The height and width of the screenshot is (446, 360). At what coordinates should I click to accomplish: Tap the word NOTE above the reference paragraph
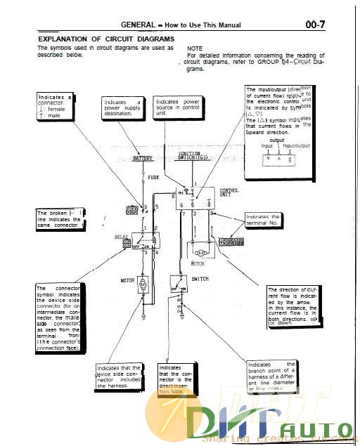(194, 47)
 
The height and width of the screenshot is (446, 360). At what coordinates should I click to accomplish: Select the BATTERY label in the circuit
(143, 159)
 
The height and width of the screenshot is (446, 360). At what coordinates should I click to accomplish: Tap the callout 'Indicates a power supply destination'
(123, 110)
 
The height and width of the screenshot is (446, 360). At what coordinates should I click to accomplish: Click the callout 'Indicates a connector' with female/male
(56, 105)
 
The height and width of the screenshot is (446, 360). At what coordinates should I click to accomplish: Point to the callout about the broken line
(60, 219)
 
